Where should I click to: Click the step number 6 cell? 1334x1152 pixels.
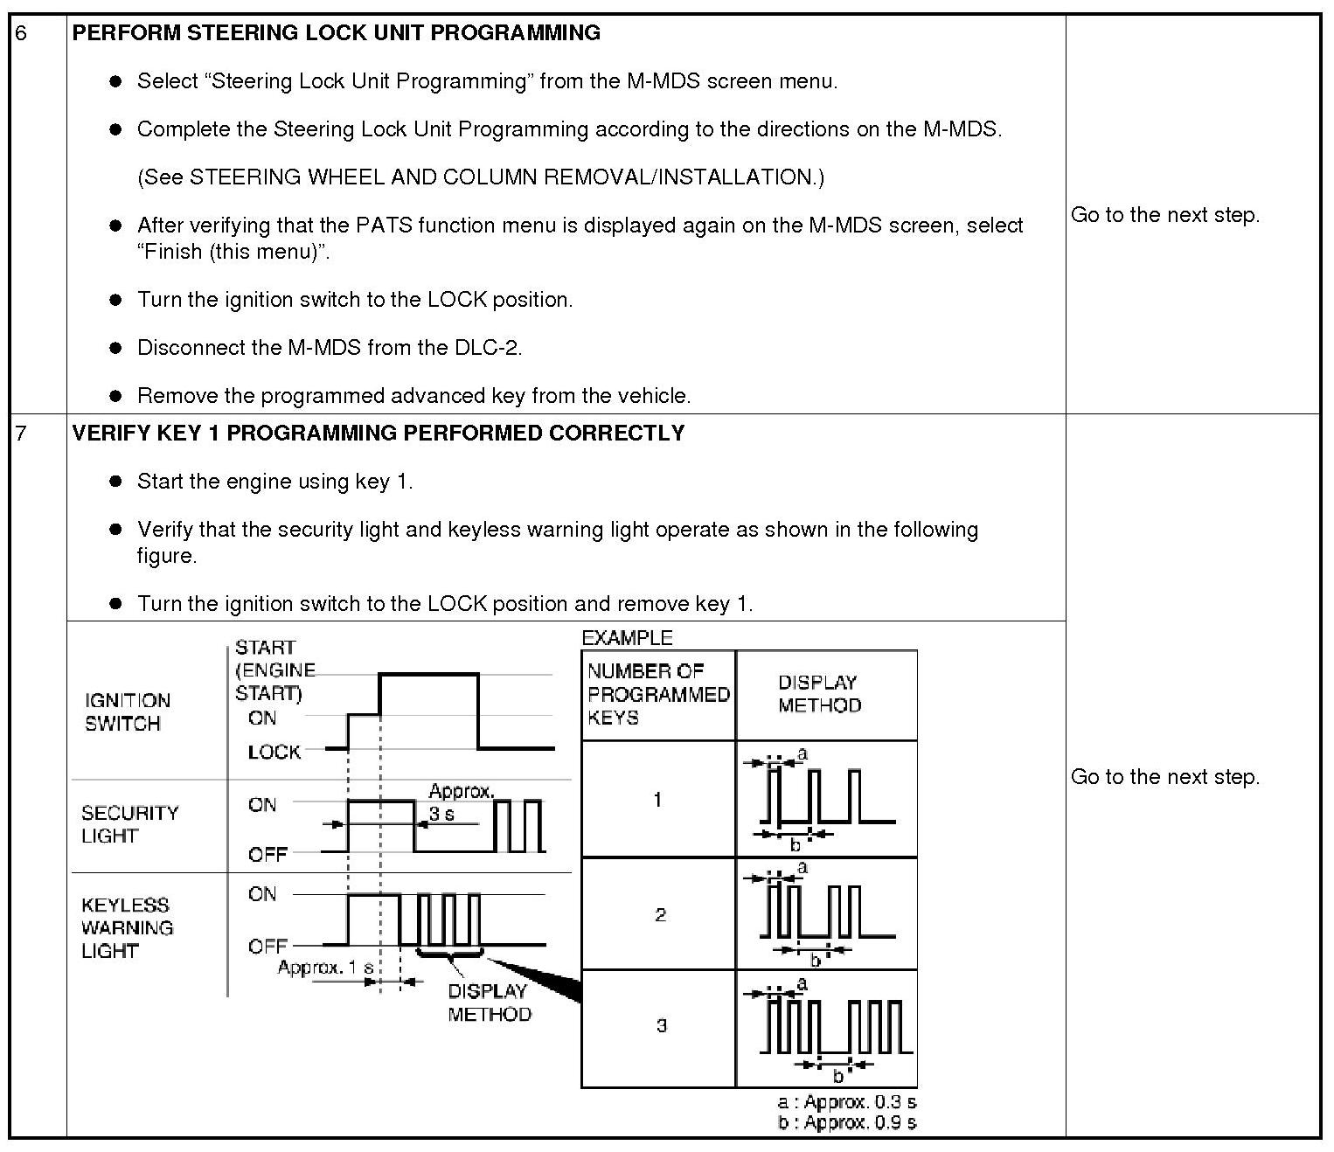22,33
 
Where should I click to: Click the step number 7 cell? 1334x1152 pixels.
22,434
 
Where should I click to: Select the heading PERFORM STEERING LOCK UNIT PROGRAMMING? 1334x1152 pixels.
336,33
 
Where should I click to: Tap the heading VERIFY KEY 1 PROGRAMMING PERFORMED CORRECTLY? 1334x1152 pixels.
378,434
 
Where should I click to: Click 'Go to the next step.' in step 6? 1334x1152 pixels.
1165,215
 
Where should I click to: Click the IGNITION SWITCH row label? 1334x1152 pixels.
127,711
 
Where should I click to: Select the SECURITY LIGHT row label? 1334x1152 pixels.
129,824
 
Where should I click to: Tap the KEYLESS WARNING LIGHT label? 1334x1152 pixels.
127,927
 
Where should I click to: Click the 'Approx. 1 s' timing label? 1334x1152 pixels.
325,968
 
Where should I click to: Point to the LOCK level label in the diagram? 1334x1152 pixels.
274,752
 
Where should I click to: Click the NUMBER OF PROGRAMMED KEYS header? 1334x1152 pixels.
658,694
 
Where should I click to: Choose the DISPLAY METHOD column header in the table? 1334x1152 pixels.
819,694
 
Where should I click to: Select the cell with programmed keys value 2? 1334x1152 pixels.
660,914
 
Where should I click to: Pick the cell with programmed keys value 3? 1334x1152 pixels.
660,1025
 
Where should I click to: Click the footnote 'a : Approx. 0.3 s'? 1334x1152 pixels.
846,1102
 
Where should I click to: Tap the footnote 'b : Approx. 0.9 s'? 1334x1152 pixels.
846,1122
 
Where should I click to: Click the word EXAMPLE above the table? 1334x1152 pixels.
627,638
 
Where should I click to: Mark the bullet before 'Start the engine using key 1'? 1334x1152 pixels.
115,482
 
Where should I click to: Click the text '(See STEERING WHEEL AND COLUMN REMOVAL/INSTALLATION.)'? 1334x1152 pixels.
481,177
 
